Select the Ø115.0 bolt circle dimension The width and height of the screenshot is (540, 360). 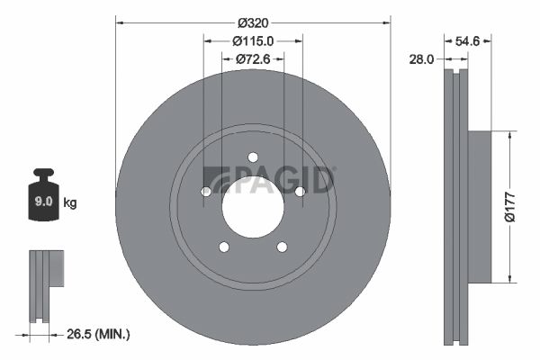253,40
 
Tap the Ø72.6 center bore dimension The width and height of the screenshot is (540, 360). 253,59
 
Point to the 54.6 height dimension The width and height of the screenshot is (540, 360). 473,40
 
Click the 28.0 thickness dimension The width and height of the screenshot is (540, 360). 422,59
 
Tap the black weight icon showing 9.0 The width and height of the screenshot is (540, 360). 43,192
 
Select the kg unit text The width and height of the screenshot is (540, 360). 69,203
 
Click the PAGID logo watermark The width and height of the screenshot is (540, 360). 269,180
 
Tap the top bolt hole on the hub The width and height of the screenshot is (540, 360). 253,156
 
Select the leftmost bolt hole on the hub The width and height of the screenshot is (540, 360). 206,191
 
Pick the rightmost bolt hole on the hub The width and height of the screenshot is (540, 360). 300,191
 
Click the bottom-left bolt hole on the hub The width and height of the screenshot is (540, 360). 224,247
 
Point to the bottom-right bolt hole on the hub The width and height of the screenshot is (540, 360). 282,247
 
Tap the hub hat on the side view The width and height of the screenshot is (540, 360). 478,204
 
